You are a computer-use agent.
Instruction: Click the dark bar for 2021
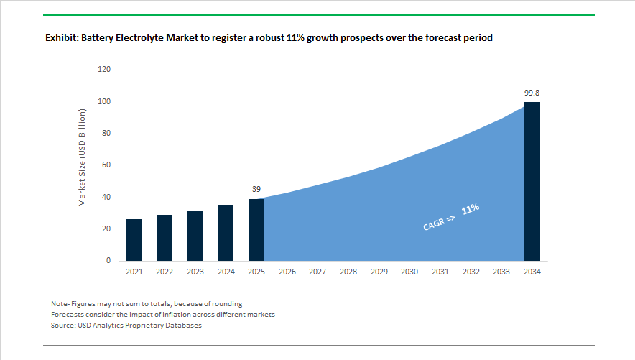134,240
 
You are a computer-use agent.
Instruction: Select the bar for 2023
195,235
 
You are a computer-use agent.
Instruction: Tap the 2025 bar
256,230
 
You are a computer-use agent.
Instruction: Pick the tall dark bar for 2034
532,181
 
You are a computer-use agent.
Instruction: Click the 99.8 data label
532,93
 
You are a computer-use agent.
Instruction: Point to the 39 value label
256,189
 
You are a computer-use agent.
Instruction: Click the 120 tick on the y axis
104,69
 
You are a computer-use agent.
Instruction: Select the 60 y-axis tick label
106,165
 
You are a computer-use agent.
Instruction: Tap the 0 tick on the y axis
108,260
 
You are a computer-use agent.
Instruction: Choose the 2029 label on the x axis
379,272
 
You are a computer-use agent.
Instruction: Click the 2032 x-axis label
471,272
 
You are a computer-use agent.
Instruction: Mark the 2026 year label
287,272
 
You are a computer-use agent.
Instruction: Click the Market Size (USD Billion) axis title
82,157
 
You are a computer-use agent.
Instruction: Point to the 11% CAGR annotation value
471,209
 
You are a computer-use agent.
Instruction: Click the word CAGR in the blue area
433,224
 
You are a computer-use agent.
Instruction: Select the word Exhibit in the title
62,37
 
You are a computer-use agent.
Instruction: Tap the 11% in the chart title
295,37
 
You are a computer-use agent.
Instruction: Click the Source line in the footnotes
126,326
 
